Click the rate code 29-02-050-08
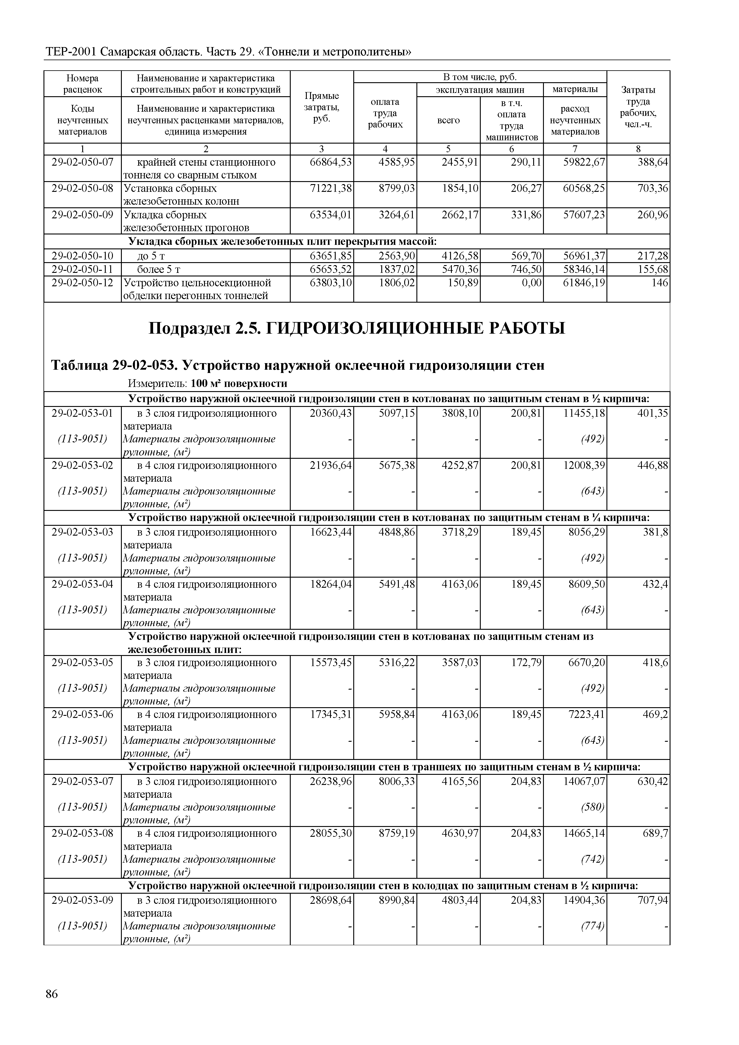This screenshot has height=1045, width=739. [83, 189]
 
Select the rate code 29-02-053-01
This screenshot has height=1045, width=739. [83, 413]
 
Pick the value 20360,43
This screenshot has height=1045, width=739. [330, 413]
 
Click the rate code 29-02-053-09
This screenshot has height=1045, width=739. [83, 900]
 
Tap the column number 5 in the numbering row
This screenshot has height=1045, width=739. [448, 149]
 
